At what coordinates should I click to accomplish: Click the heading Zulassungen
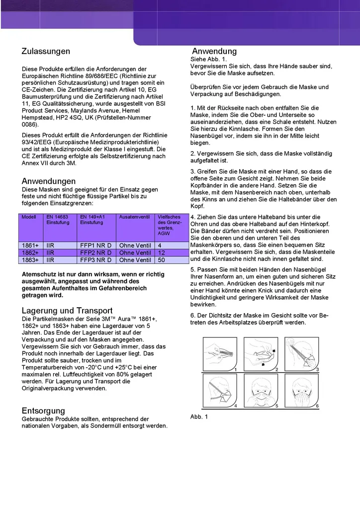click(46, 51)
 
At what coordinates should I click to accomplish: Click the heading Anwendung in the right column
click(214, 51)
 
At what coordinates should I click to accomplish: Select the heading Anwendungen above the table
click(49, 181)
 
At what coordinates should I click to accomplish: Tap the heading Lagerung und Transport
click(67, 311)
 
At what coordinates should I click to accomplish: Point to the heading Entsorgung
click(43, 411)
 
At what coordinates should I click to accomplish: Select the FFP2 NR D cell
click(95, 253)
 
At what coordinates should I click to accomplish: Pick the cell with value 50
click(162, 260)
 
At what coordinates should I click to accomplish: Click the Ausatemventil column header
click(134, 217)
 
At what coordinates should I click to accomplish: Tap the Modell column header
click(29, 217)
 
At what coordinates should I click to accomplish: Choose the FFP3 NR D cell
click(95, 260)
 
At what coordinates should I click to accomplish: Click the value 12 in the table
click(162, 253)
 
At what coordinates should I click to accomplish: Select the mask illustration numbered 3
click(302, 354)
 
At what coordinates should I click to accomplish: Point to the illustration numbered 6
click(302, 391)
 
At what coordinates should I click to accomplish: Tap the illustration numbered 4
click(220, 391)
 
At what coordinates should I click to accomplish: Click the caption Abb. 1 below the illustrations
click(199, 417)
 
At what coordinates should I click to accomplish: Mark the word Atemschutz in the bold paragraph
click(39, 274)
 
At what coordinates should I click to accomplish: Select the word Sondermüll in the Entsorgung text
click(113, 426)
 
